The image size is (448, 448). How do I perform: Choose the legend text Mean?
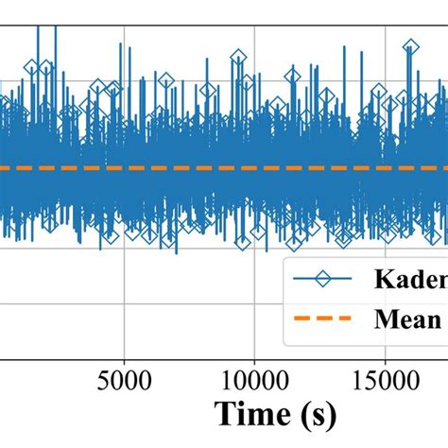pyautogui.click(x=406, y=319)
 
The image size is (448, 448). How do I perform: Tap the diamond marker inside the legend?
pyautogui.click(x=325, y=280)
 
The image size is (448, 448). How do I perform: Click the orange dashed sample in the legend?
pyautogui.click(x=325, y=319)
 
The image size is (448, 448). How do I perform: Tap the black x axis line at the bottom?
pyautogui.click(x=189, y=358)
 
